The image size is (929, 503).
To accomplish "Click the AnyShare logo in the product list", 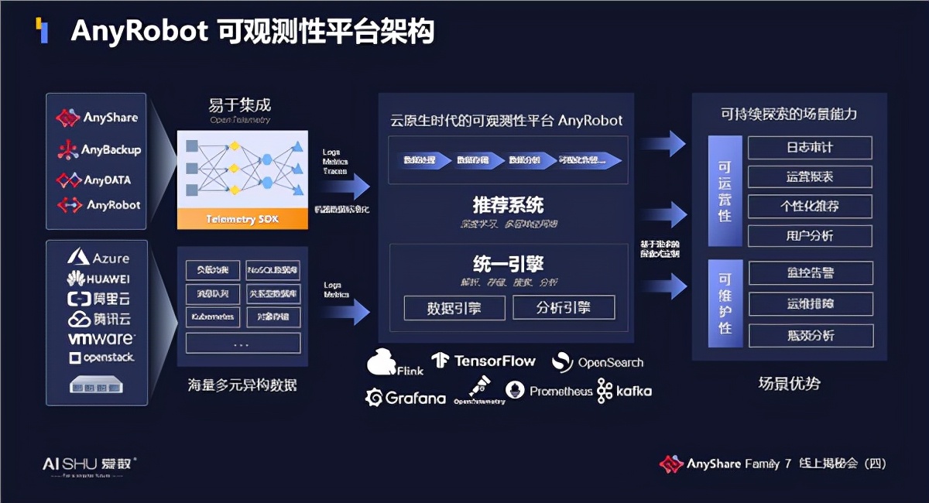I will click(x=97, y=118).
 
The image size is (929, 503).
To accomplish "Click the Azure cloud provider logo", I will click(x=98, y=258).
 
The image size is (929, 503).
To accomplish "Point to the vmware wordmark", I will click(x=101, y=339).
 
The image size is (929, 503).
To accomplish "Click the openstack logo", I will click(x=101, y=358).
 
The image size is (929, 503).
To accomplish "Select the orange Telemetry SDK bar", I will click(x=242, y=219).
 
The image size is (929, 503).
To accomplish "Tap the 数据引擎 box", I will click(x=454, y=307).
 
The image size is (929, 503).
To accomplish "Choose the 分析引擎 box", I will click(x=564, y=307).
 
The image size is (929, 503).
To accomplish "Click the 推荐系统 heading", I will click(x=508, y=205).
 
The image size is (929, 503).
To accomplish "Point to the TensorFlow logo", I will click(x=484, y=361).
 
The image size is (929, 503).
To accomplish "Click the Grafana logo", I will click(x=406, y=398).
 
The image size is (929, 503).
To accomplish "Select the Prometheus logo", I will click(x=549, y=391).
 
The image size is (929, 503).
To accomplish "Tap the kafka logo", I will click(x=624, y=391).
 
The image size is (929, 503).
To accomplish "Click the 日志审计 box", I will click(x=810, y=148).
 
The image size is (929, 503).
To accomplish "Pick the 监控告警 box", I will click(x=810, y=273).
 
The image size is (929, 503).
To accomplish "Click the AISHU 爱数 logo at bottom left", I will click(x=89, y=464).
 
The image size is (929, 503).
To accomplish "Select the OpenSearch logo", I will click(x=598, y=362).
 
